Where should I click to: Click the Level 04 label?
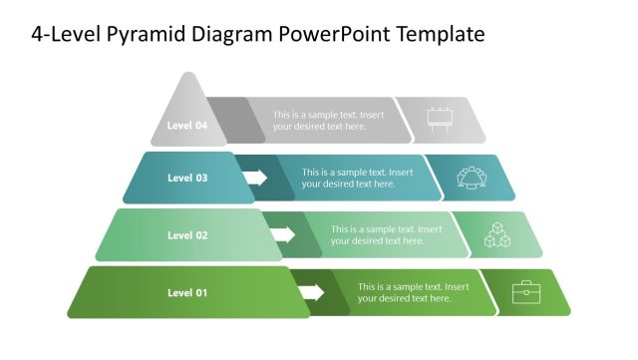coord(187,126)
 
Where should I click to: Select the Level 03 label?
coord(187,179)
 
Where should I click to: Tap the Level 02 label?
coord(187,235)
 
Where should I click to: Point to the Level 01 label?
coord(187,292)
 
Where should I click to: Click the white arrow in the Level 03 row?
coord(255,179)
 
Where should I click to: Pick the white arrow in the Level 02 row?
coord(283,235)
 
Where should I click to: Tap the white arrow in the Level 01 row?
coord(312,292)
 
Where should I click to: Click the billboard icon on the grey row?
coord(440,120)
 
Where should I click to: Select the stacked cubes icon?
coord(497,234)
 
